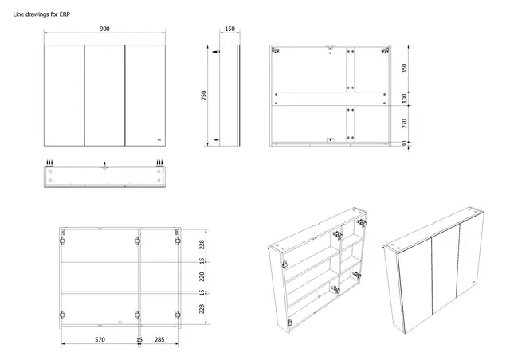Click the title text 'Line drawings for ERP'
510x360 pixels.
[x=42, y=14]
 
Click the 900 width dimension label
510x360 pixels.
[x=104, y=29]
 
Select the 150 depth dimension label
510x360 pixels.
[x=229, y=29]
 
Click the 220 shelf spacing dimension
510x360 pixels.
[x=202, y=276]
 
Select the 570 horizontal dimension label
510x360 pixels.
[x=98, y=340]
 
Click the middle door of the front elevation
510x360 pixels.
[x=104, y=96]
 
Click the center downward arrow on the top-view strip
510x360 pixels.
[x=104, y=165]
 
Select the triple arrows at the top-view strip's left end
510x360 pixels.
[x=50, y=163]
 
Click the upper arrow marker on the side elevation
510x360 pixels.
[x=216, y=53]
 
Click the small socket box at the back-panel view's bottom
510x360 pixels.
[x=330, y=141]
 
